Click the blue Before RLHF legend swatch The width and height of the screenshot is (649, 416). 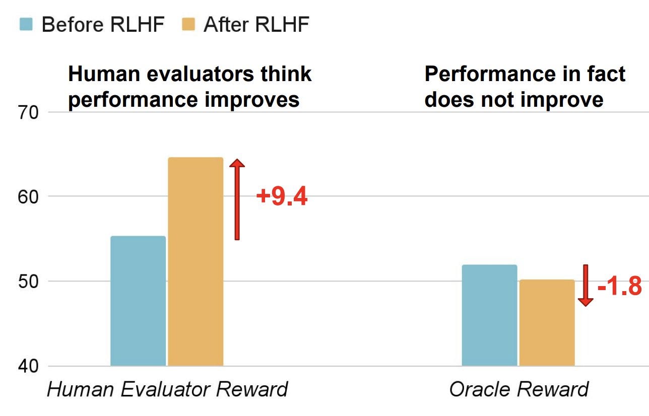pyautogui.click(x=26, y=24)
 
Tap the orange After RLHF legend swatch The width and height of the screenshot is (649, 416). pyautogui.click(x=188, y=24)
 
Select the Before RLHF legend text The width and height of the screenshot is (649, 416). pyautogui.click(x=103, y=24)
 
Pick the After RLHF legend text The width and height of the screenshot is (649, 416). pyautogui.click(x=256, y=24)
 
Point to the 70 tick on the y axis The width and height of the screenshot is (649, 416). pyautogui.click(x=28, y=113)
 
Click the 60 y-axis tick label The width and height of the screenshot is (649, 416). pyautogui.click(x=28, y=197)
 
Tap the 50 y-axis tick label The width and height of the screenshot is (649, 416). pyautogui.click(x=28, y=282)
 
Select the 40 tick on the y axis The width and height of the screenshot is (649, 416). pyautogui.click(x=28, y=366)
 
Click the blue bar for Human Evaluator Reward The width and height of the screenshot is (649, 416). pyautogui.click(x=138, y=301)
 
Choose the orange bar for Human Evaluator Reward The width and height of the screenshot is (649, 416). pyautogui.click(x=196, y=262)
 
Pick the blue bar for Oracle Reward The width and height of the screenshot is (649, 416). pyautogui.click(x=489, y=316)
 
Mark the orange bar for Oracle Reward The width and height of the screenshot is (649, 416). pyautogui.click(x=547, y=323)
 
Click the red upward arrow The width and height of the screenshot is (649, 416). pyautogui.click(x=237, y=199)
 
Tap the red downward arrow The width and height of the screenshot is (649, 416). pyautogui.click(x=586, y=286)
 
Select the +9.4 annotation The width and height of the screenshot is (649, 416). pyautogui.click(x=282, y=196)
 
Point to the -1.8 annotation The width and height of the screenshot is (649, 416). pyautogui.click(x=620, y=286)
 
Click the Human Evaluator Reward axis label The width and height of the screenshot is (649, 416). pyautogui.click(x=167, y=389)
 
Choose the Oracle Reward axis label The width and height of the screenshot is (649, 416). pyautogui.click(x=518, y=389)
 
